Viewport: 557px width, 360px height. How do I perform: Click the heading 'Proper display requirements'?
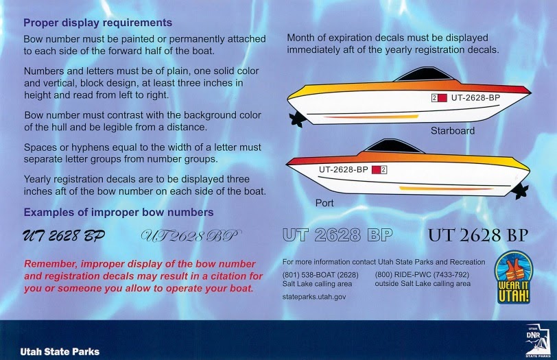pyautogui.click(x=97, y=23)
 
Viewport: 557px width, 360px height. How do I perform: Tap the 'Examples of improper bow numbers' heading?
pyautogui.click(x=119, y=213)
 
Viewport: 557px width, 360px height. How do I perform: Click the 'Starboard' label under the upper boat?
pyautogui.click(x=453, y=131)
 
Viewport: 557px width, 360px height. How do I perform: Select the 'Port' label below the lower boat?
pyautogui.click(x=324, y=203)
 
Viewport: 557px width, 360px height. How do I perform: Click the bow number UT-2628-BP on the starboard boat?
pyautogui.click(x=475, y=97)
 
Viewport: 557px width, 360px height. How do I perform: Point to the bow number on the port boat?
pyautogui.click(x=343, y=169)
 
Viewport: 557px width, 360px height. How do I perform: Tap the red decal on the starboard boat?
pyautogui.click(x=442, y=98)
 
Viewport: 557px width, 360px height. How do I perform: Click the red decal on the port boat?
pyautogui.click(x=376, y=170)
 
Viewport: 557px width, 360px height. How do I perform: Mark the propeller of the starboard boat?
pyautogui.click(x=296, y=119)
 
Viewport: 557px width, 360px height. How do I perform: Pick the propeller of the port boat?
pyautogui.click(x=520, y=191)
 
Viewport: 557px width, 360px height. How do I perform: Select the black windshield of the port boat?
pyautogui.click(x=394, y=146)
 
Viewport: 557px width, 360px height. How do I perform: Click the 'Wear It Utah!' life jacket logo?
pyautogui.click(x=514, y=277)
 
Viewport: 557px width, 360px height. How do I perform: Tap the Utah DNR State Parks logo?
pyautogui.click(x=538, y=341)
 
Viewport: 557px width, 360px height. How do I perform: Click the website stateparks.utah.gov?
pyautogui.click(x=314, y=297)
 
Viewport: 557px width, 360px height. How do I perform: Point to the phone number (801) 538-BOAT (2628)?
pyautogui.click(x=320, y=275)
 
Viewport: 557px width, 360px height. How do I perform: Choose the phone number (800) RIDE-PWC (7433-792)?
pyautogui.click(x=422, y=275)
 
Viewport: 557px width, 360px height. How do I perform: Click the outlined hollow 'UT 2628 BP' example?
pyautogui.click(x=337, y=235)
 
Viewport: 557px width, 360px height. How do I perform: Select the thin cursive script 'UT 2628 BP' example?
pyautogui.click(x=191, y=236)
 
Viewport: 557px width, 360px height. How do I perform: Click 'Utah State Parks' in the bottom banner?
pyautogui.click(x=60, y=352)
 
